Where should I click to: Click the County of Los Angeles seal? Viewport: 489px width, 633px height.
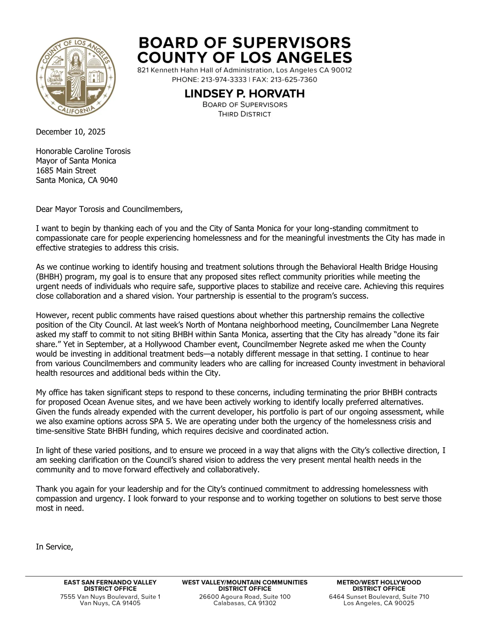76,77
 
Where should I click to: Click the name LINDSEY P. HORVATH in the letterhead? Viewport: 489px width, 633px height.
244,94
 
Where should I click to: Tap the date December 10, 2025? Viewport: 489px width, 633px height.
71,132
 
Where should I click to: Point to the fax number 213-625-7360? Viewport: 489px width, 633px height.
294,80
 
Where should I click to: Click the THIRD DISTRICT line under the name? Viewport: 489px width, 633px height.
244,114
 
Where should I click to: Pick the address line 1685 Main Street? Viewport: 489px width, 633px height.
66,171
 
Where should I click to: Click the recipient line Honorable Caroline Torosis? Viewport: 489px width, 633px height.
83,151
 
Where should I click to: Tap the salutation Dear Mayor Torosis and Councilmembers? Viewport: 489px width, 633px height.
109,209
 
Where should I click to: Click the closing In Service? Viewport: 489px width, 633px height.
55,547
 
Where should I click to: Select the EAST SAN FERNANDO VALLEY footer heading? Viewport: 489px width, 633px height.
110,582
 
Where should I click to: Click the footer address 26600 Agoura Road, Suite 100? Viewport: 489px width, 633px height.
244,596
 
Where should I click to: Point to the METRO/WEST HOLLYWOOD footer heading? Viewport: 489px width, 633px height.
379,582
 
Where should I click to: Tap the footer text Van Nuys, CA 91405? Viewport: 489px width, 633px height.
110,603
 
